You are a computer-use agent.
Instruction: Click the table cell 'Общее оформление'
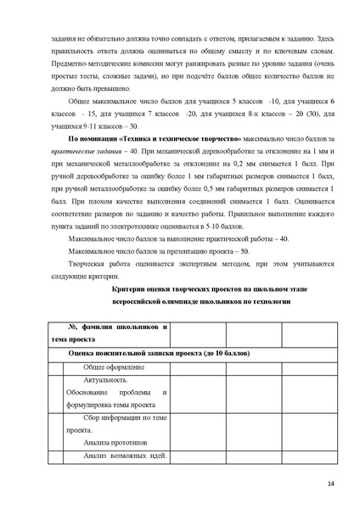[x=114, y=367]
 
